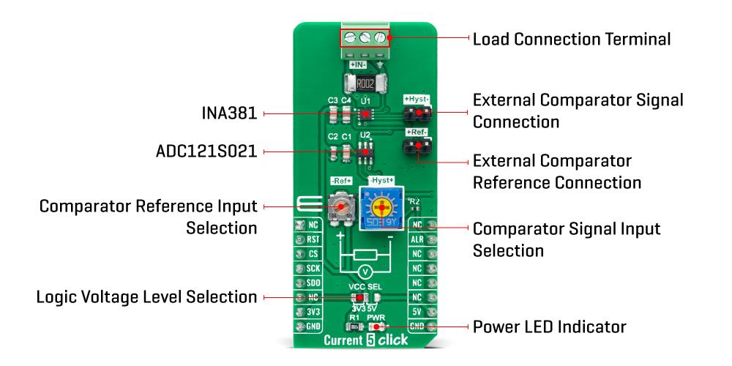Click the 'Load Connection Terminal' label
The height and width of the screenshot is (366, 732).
coord(572,39)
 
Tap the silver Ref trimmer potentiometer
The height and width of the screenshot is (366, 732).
coord(338,208)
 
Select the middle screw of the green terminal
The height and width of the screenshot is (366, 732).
coord(364,37)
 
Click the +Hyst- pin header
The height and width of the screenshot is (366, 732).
coord(417,112)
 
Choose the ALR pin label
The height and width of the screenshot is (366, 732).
coord(417,238)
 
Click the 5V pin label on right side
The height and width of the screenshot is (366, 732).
coord(417,311)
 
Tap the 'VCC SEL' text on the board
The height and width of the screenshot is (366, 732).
coord(364,287)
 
